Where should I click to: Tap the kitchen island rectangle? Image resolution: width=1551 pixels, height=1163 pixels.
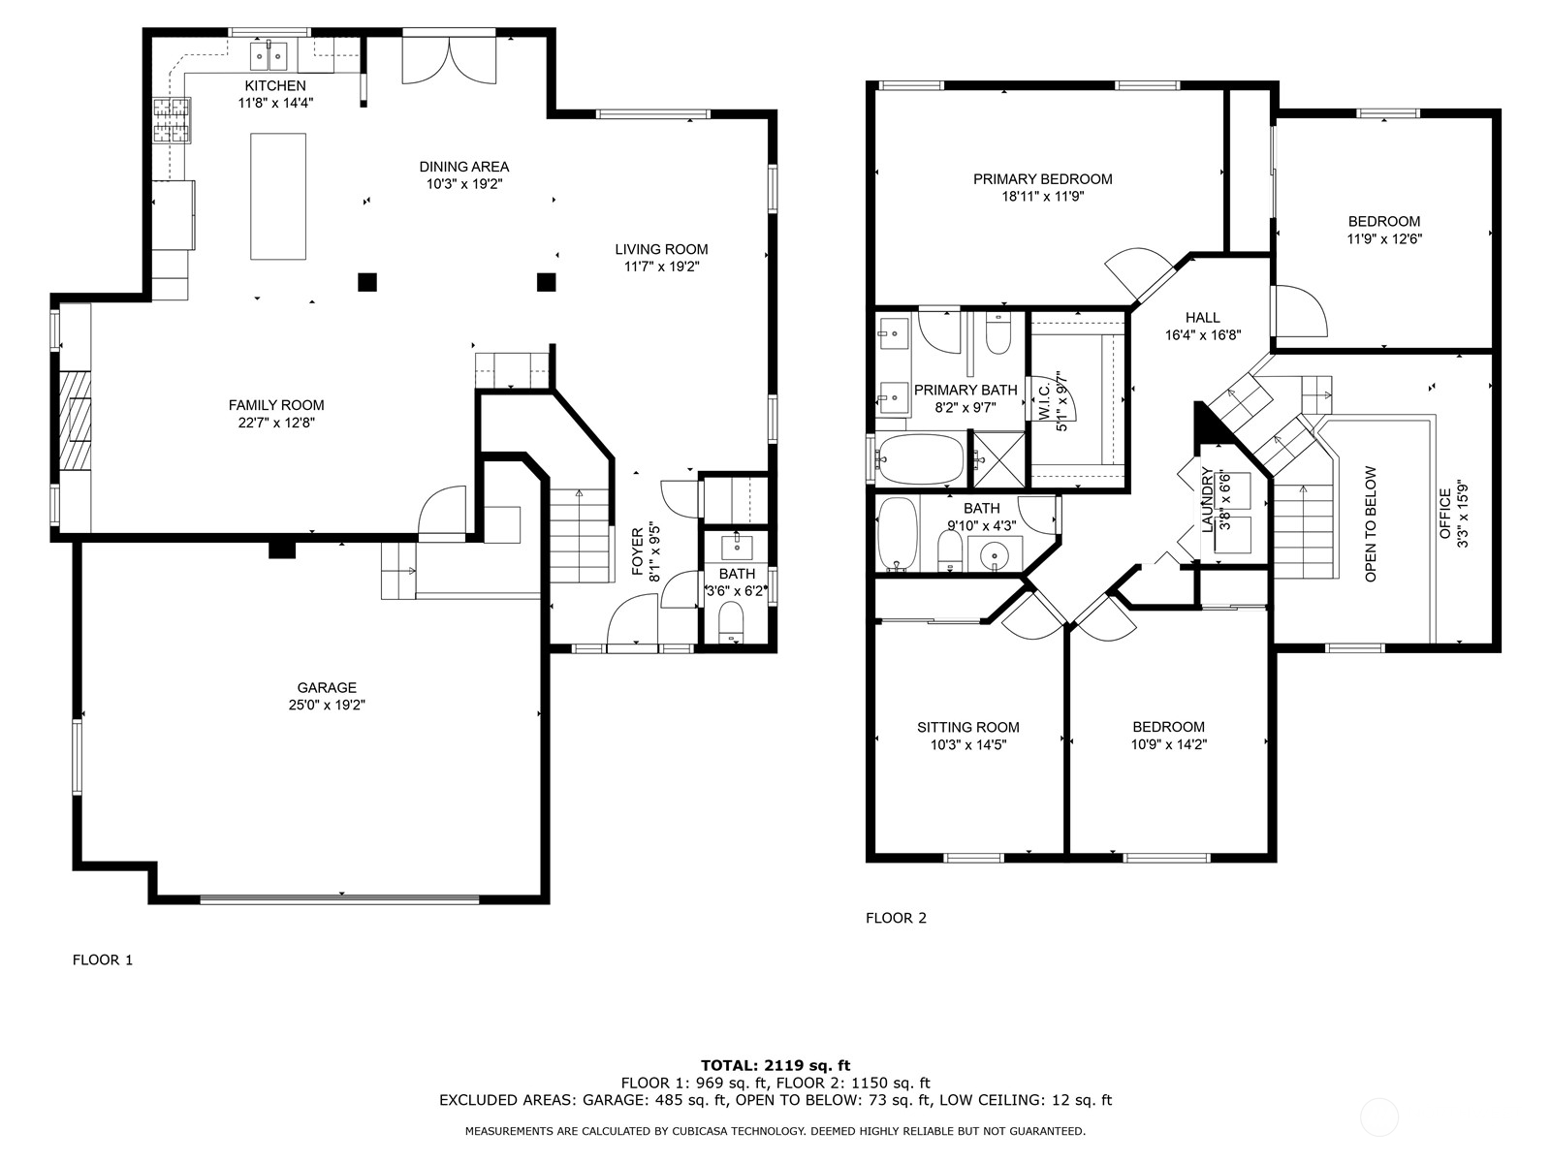pos(278,197)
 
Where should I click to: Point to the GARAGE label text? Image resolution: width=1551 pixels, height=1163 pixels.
pos(327,688)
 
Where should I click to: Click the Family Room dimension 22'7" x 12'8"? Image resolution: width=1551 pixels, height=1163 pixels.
pos(276,423)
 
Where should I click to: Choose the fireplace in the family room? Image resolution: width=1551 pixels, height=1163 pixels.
pos(75,421)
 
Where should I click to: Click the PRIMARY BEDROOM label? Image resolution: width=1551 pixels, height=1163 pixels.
pos(1042,179)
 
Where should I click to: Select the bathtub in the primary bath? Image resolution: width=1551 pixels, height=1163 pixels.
pos(920,457)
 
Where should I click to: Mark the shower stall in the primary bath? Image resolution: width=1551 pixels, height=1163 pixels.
pos(998,459)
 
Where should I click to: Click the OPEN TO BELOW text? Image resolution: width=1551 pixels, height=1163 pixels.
pos(1371,524)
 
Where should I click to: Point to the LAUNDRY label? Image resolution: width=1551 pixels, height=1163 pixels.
pos(1207,500)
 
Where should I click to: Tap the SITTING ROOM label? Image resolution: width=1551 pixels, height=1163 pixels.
pos(968,727)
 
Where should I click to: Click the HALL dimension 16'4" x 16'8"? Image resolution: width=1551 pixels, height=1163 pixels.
pos(1202,335)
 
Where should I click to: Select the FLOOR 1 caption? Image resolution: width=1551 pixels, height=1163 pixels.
pos(103,960)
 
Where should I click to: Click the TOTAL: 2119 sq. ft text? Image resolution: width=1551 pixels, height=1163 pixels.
pos(775,1065)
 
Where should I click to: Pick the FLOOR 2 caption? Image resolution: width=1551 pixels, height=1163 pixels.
pos(896,918)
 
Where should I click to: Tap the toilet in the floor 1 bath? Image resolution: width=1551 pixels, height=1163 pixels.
pos(731,620)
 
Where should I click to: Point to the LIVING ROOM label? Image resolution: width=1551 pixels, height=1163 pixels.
pos(661,249)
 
